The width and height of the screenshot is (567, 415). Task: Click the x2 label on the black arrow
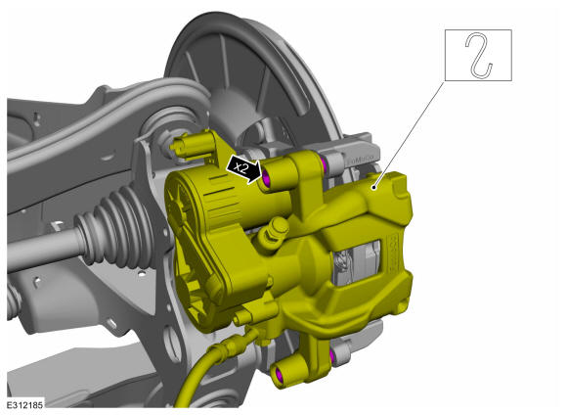(x=241, y=167)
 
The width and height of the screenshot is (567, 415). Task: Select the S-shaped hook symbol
(x=478, y=55)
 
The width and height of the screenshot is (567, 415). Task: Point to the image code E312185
(x=25, y=404)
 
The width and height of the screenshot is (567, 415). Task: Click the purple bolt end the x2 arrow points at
(x=267, y=177)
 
